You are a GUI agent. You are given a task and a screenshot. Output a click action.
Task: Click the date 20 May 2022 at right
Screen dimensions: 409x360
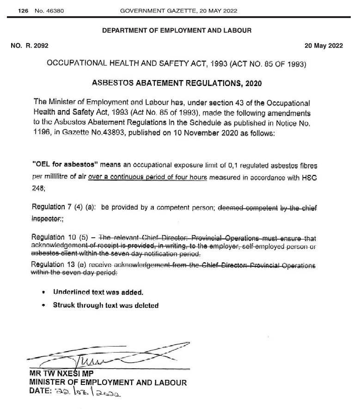pos(323,46)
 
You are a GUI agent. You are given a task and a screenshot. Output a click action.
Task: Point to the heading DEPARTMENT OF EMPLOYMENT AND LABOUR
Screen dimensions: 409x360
pos(177,31)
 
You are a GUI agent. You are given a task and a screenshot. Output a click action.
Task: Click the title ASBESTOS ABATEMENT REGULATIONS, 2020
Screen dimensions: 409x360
pos(177,84)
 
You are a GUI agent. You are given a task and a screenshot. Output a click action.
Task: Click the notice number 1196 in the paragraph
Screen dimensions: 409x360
pos(42,134)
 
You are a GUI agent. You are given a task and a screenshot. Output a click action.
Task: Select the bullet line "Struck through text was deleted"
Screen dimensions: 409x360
pos(106,305)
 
